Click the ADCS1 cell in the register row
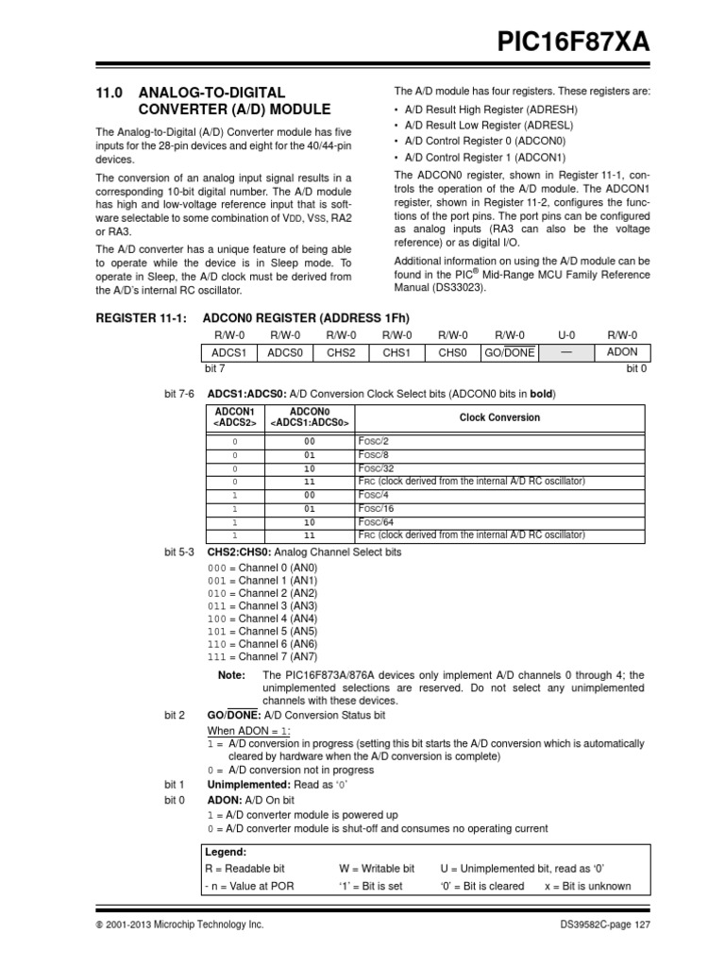(x=229, y=352)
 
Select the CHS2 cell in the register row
(x=341, y=352)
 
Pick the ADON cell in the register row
(x=622, y=352)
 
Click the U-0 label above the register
(x=566, y=335)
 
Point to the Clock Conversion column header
(x=499, y=417)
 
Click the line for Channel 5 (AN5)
(x=262, y=631)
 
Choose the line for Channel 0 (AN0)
(x=262, y=568)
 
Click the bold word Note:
(x=231, y=675)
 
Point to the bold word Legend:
(x=226, y=851)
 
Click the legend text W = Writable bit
(x=377, y=868)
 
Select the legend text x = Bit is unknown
(x=588, y=887)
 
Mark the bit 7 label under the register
(x=214, y=368)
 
